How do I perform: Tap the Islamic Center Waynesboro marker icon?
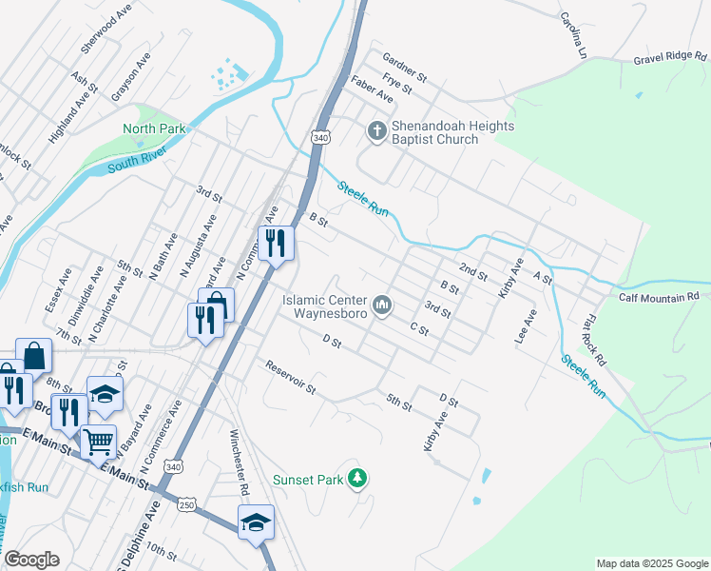tap(382, 305)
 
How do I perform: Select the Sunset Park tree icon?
tap(357, 478)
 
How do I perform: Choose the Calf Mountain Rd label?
tap(659, 297)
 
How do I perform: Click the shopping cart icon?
tap(98, 442)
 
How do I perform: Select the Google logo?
tap(31, 560)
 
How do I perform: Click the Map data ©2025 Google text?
tap(652, 563)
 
